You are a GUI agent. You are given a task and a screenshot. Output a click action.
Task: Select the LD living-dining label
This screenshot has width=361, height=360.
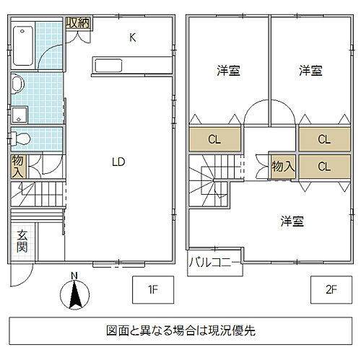tap(118, 162)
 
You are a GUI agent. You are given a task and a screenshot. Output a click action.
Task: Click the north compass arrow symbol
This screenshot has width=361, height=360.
tap(74, 294)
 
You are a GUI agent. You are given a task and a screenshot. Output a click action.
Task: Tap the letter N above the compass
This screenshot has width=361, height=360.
tap(74, 275)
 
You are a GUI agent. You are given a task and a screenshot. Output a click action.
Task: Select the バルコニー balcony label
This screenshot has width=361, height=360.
tap(214, 261)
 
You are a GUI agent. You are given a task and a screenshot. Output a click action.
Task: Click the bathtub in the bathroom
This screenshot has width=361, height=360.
tap(23, 45)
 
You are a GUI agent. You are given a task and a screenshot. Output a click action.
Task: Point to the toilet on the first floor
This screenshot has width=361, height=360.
tap(21, 137)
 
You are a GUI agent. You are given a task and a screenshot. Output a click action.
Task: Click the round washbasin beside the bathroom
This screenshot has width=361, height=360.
tap(17, 84)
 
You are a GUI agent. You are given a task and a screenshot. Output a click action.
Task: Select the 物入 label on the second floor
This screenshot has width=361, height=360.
tap(282, 165)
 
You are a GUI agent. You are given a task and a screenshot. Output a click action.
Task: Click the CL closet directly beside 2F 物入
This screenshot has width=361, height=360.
tap(323, 165)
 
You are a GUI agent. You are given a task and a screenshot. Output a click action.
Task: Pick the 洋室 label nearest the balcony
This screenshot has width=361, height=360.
tap(292, 221)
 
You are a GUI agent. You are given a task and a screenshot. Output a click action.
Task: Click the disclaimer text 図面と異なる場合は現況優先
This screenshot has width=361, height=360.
tap(179, 331)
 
